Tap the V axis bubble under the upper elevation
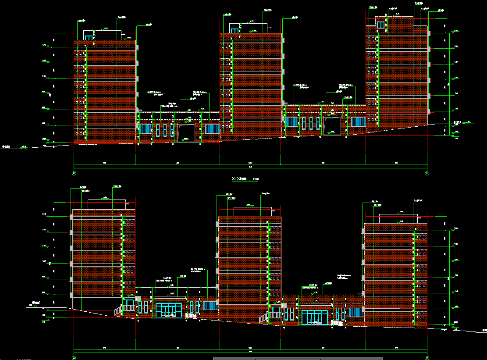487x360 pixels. (x=74, y=174)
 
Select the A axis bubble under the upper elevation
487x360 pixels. (x=427, y=174)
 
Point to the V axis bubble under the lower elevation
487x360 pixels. (x=427, y=358)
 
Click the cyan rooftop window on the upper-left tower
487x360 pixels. (x=89, y=38)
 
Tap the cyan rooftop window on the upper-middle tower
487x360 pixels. (x=235, y=31)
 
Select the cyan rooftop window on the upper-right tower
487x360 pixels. (x=380, y=25)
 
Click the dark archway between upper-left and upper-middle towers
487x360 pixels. (x=186, y=132)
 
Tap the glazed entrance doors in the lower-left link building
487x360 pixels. (x=169, y=310)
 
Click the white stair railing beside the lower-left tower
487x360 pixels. (x=118, y=310)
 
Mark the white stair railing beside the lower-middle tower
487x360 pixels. (x=263, y=318)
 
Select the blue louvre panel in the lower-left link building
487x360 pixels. (x=210, y=305)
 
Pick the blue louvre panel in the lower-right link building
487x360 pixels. (x=356, y=313)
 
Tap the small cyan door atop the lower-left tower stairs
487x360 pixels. (x=130, y=303)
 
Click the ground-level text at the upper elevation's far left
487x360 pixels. (x=6, y=147)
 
